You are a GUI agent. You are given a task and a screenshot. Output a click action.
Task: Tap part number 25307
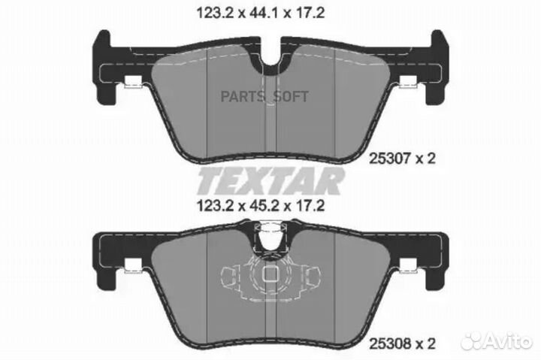[390, 159]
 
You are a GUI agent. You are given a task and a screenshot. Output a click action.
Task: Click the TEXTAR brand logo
[270, 180]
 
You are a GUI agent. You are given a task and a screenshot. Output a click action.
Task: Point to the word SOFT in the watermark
[291, 97]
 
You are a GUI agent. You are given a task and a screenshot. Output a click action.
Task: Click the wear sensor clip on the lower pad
[270, 238]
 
